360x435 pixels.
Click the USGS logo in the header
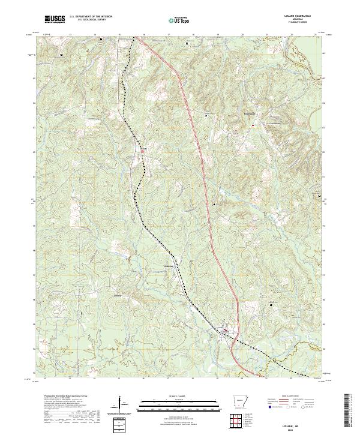click(55, 19)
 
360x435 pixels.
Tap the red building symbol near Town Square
click(253, 125)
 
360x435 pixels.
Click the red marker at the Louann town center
click(226, 329)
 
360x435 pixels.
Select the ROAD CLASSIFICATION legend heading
click(292, 396)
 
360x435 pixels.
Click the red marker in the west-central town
click(142, 152)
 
